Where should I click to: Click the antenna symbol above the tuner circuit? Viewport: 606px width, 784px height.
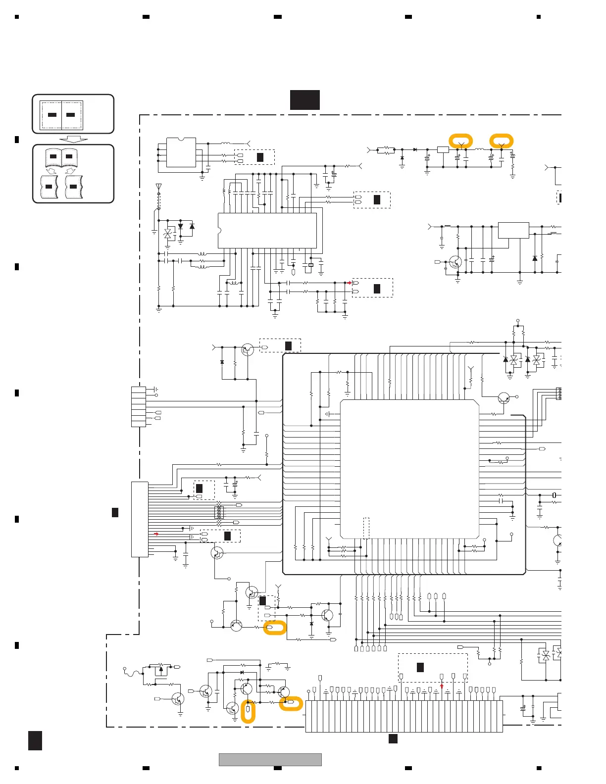[x=158, y=187]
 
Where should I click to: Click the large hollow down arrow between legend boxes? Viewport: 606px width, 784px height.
[x=73, y=139]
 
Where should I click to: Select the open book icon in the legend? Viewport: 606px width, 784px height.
[x=61, y=157]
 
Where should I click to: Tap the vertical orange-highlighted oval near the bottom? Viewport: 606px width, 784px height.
[x=248, y=711]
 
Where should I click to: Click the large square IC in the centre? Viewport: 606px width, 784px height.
[x=409, y=469]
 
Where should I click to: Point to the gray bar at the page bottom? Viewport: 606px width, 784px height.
[x=270, y=759]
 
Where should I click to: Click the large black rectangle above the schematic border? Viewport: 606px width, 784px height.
[x=305, y=100]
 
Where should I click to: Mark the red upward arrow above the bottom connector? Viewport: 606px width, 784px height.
[x=442, y=686]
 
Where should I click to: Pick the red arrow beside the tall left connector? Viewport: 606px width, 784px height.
[x=156, y=534]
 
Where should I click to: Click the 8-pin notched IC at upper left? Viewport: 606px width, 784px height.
[x=181, y=152]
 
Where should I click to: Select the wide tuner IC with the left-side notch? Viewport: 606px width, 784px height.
[x=267, y=231]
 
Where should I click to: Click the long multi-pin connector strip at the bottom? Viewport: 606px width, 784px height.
[x=404, y=716]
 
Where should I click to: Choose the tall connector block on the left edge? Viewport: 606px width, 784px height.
[x=140, y=519]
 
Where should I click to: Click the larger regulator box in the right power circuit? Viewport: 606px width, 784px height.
[x=513, y=231]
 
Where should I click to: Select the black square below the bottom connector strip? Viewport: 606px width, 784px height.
[x=393, y=739]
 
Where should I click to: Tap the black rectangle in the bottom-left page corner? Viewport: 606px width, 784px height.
[x=35, y=741]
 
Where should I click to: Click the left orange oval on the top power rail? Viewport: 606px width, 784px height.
[x=461, y=141]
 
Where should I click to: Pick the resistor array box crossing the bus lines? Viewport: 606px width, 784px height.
[x=219, y=513]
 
